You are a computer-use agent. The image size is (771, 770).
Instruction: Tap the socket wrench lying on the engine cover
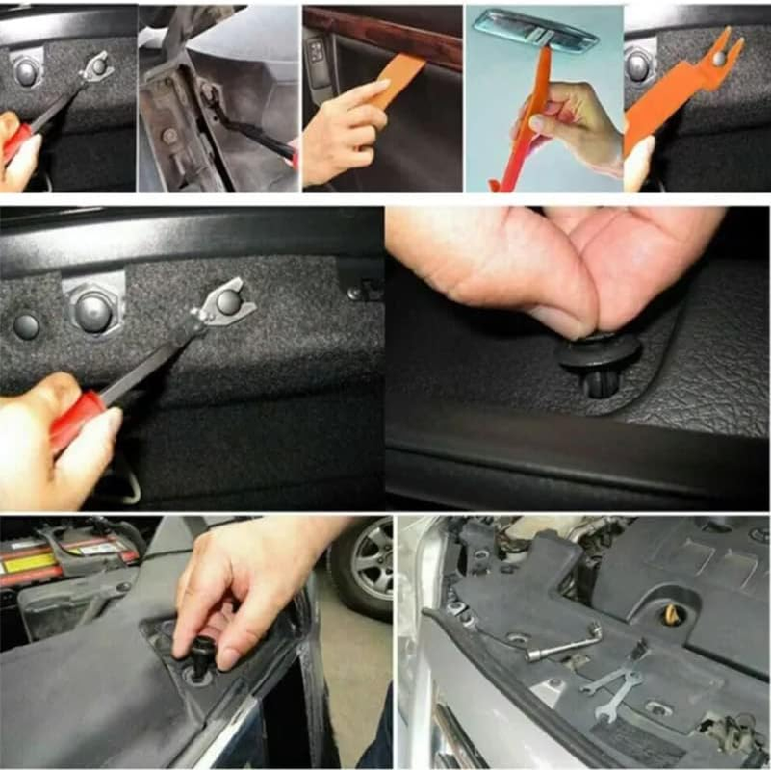tap(564, 643)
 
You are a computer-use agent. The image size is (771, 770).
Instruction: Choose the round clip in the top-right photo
tap(638, 64)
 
